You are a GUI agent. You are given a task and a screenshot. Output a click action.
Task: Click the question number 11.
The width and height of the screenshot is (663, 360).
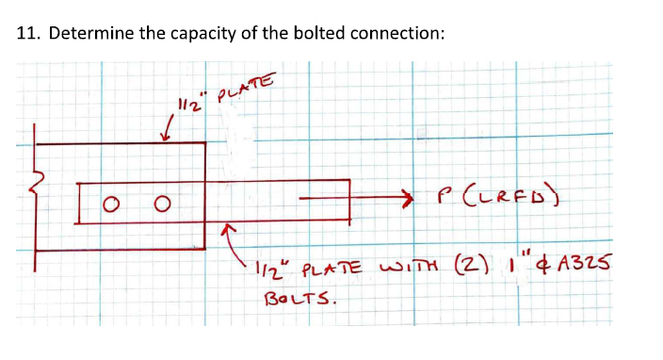(26, 34)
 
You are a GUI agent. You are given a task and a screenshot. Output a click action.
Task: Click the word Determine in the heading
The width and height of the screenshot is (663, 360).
(86, 34)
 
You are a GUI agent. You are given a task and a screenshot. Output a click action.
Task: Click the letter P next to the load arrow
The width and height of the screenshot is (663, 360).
(440, 199)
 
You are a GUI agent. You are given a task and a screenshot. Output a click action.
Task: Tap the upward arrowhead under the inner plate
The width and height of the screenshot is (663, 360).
(225, 229)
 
